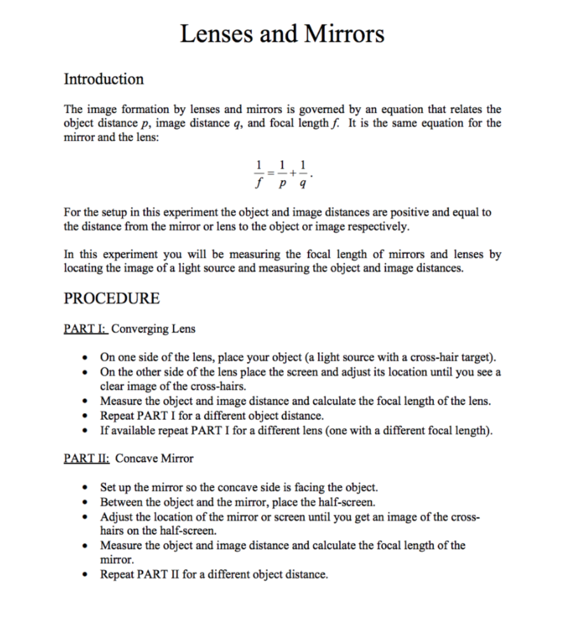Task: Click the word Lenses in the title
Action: coord(217,33)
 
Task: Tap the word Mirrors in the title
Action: coord(344,33)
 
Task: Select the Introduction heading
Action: coord(104,79)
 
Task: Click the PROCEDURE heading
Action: coord(111,299)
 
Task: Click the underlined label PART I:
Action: coord(86,329)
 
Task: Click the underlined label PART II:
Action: coord(88,459)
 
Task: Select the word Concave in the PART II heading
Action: coord(137,459)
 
